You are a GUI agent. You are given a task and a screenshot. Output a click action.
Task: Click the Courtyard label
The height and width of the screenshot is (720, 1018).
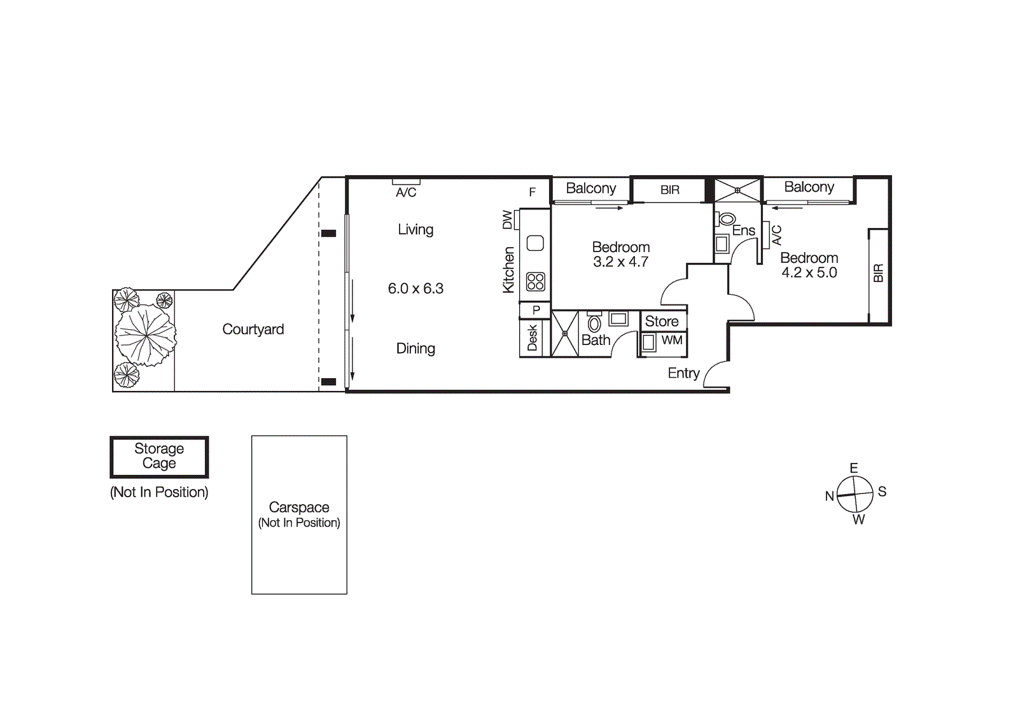pos(253,329)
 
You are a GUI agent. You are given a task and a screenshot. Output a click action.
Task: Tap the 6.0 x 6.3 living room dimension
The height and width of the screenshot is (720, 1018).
pos(415,288)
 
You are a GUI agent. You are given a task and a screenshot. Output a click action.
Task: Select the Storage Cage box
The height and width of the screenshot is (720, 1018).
pos(159,456)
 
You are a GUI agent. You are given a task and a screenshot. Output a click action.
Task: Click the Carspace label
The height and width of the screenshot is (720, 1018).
pos(299,507)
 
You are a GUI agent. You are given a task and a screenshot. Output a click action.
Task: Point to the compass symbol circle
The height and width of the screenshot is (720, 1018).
pos(854,494)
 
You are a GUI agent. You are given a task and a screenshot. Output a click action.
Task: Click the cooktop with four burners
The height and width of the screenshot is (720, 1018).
pos(535,281)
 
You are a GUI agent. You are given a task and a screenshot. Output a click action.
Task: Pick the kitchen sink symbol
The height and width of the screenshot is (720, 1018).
pos(535,243)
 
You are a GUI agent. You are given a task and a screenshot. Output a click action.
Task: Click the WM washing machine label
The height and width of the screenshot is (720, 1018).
pos(672,340)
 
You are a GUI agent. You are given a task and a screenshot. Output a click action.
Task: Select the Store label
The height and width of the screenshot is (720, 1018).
pos(662,321)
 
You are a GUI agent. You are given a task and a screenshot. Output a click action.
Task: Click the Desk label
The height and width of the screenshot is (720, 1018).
pos(533,338)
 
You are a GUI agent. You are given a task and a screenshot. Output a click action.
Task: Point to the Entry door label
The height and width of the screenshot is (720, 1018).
pos(683,373)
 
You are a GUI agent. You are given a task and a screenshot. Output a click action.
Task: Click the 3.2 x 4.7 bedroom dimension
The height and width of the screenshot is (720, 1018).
pos(620,262)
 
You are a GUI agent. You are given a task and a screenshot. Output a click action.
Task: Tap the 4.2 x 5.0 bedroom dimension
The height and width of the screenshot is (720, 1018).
pos(809,272)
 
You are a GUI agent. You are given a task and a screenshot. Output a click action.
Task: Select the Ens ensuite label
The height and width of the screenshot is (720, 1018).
pos(743,230)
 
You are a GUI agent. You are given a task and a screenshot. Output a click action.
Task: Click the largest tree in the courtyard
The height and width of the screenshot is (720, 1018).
pos(146,335)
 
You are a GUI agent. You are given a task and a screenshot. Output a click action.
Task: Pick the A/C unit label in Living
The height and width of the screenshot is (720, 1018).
pos(406,192)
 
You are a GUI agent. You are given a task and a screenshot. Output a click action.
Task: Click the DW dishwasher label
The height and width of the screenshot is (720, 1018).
pos(507,220)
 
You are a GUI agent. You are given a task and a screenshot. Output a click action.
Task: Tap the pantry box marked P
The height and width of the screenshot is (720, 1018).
pos(536,310)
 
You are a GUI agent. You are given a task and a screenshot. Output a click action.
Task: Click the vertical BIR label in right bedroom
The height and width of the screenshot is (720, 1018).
pos(878,273)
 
